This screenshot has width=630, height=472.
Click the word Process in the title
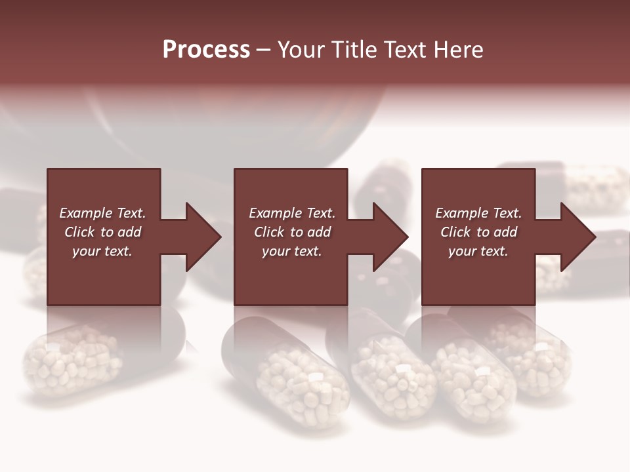pos(206,50)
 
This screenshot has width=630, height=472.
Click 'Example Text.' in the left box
pos(102,213)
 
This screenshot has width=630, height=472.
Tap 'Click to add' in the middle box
pos(292,232)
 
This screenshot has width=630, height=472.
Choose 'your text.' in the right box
pos(478,251)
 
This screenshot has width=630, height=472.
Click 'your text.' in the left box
pos(102,251)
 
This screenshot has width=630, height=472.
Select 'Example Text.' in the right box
pos(478,213)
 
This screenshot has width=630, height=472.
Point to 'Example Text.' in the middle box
pos(292,213)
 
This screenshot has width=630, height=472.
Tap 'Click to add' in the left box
pos(102,232)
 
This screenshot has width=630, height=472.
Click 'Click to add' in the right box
pos(478,232)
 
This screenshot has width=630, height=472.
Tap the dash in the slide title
pos(263,50)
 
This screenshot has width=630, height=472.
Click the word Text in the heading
pos(402,50)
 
